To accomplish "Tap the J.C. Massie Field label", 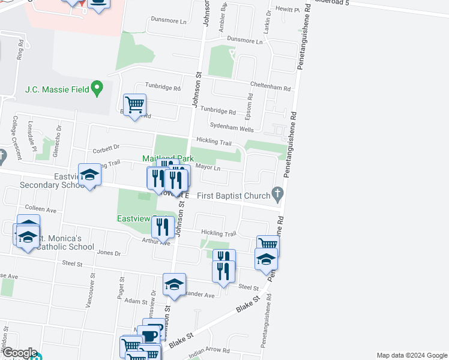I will pyautogui.click(x=57, y=90).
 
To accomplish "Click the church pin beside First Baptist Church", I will pyautogui.click(x=277, y=193).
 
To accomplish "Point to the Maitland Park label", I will pyautogui.click(x=167, y=158).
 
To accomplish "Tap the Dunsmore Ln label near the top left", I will pyautogui.click(x=169, y=20).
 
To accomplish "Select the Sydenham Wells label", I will pyautogui.click(x=232, y=125).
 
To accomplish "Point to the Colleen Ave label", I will pyautogui.click(x=40, y=211).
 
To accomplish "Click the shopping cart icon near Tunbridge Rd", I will pyautogui.click(x=134, y=104).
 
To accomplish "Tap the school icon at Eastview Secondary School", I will pyautogui.click(x=90, y=174).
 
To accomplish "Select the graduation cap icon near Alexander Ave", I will pyautogui.click(x=174, y=284).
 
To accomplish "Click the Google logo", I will pyautogui.click(x=19, y=353).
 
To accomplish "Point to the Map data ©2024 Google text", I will pyautogui.click(x=411, y=355).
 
